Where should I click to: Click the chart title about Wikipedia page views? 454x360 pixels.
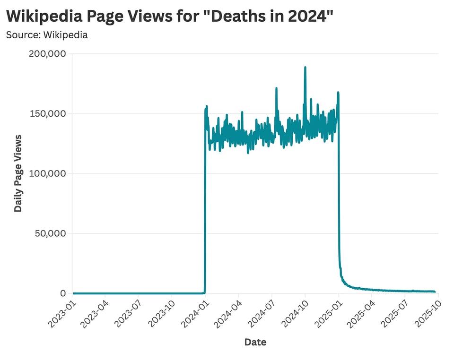[170, 17]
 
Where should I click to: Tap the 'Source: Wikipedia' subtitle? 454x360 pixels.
[47, 35]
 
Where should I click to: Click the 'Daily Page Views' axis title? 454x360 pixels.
[18, 173]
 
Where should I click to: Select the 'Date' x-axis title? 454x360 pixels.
[255, 342]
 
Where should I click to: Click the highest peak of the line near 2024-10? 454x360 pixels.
[305, 67]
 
